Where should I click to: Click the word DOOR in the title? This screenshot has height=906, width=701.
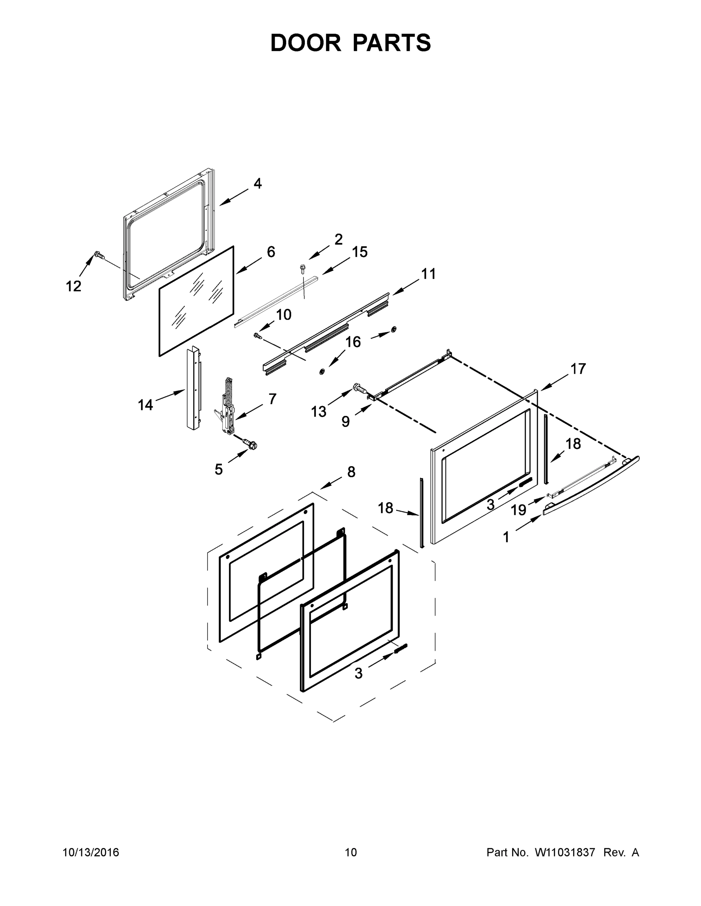click(x=306, y=43)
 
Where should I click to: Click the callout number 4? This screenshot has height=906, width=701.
click(x=257, y=183)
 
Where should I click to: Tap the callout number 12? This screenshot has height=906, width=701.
click(x=74, y=286)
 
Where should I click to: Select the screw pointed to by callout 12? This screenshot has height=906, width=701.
click(x=98, y=255)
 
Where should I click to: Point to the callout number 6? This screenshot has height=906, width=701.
click(x=271, y=252)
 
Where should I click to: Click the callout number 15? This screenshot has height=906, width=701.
click(x=360, y=252)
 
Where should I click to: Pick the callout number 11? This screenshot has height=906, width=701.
click(x=428, y=274)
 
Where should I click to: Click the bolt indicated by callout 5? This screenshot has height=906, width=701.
click(x=251, y=444)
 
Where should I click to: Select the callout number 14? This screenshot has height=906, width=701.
click(x=145, y=405)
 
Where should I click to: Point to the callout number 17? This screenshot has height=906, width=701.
click(x=578, y=368)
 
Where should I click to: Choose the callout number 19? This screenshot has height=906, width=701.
click(x=518, y=509)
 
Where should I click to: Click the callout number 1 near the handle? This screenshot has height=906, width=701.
click(x=506, y=538)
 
